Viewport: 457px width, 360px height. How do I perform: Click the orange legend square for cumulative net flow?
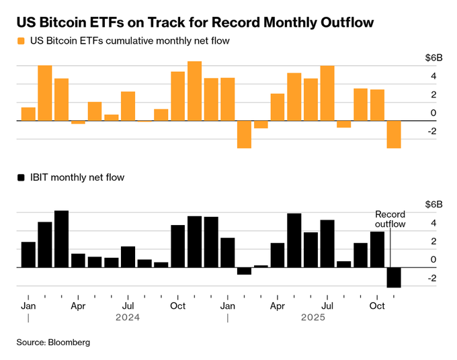pyautogui.click(x=22, y=41)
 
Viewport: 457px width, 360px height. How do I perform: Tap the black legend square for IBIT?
pyautogui.click(x=22, y=178)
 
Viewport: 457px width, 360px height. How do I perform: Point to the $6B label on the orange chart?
pyautogui.click(x=433, y=57)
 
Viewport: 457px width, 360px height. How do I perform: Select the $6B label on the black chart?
pyautogui.click(x=433, y=204)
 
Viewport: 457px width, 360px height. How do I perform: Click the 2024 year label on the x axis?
pyautogui.click(x=128, y=316)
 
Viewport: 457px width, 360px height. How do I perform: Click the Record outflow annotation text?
pyautogui.click(x=390, y=219)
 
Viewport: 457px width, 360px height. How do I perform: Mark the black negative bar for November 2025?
pyautogui.click(x=394, y=277)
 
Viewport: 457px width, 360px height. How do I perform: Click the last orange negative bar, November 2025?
pyautogui.click(x=394, y=134)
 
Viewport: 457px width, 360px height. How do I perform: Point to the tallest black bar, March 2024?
pyautogui.click(x=62, y=239)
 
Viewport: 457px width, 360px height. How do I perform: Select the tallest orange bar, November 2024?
pyautogui.click(x=195, y=91)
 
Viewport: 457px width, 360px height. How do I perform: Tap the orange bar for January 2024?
pyautogui.click(x=28, y=114)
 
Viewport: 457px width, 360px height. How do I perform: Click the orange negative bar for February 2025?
pyautogui.click(x=245, y=134)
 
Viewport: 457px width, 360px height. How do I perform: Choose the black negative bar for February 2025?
pyautogui.click(x=245, y=271)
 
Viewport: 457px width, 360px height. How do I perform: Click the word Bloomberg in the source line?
pyautogui.click(x=69, y=343)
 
